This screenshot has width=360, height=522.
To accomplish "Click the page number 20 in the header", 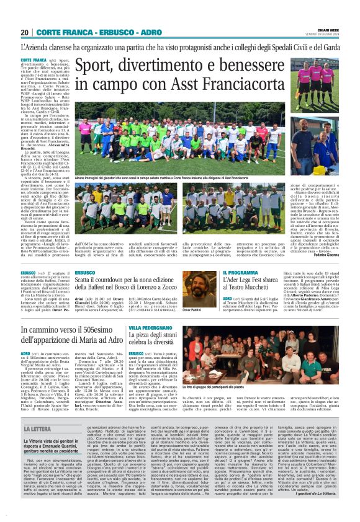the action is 24,32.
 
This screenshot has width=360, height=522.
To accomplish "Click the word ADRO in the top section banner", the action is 143,32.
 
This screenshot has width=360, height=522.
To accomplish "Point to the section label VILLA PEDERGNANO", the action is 150,327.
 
